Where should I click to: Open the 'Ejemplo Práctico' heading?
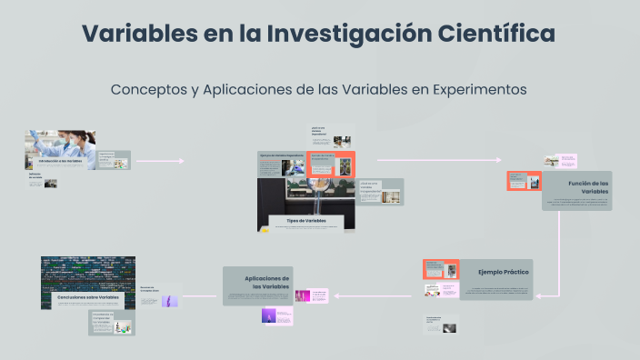click(x=504, y=272)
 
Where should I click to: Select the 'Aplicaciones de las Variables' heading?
click(x=267, y=282)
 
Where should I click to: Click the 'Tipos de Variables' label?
click(x=305, y=221)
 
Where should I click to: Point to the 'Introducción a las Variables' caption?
click(x=65, y=160)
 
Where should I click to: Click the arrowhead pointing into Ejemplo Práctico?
click(x=540, y=295)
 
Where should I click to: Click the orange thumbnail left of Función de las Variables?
click(x=525, y=181)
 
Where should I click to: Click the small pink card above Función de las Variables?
click(x=568, y=161)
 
